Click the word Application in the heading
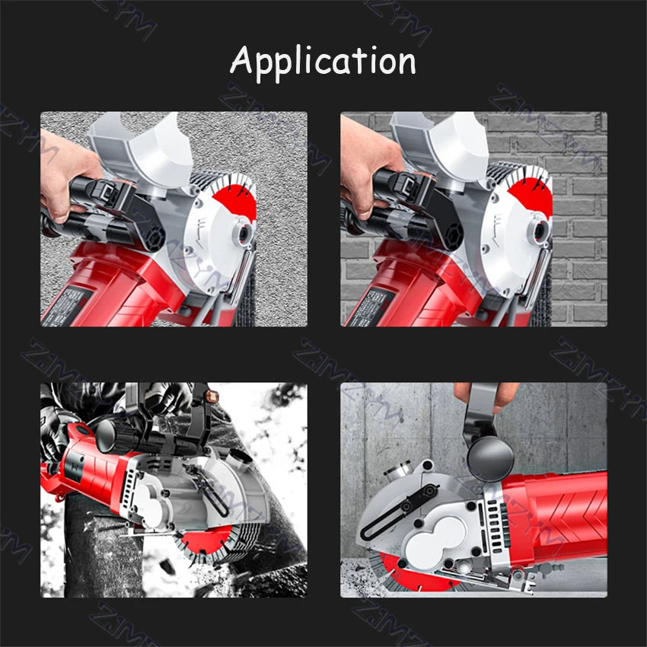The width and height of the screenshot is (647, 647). click(x=323, y=60)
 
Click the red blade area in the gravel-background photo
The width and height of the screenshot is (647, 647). click(x=232, y=199)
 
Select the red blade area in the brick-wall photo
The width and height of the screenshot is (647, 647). click(x=531, y=199)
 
